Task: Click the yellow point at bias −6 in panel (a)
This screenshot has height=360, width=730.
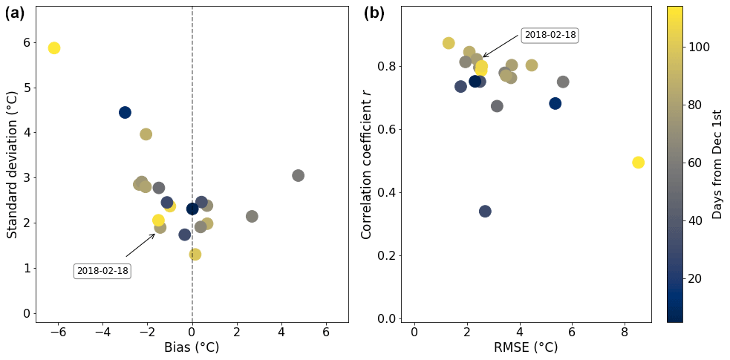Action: click(x=53, y=48)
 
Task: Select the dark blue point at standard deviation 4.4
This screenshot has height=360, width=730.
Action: click(x=125, y=112)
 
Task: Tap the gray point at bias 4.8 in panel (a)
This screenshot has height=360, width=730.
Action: click(x=298, y=175)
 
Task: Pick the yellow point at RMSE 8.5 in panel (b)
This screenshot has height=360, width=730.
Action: click(x=638, y=163)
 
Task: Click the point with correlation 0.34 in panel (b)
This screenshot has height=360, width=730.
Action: click(x=485, y=212)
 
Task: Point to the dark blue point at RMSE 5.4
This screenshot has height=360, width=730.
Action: click(x=555, y=103)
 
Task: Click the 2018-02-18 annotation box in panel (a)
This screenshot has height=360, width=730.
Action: click(x=103, y=271)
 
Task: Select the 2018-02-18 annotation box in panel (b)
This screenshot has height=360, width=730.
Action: click(x=550, y=35)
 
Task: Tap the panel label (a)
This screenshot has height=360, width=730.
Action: click(x=15, y=13)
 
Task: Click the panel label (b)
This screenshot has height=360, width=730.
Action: click(x=374, y=13)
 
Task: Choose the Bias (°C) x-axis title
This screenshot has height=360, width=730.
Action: click(x=192, y=347)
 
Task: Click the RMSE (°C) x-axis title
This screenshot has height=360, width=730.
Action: click(x=526, y=347)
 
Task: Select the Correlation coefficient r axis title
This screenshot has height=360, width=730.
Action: click(x=366, y=165)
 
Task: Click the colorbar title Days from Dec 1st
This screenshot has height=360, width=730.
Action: click(x=717, y=164)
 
